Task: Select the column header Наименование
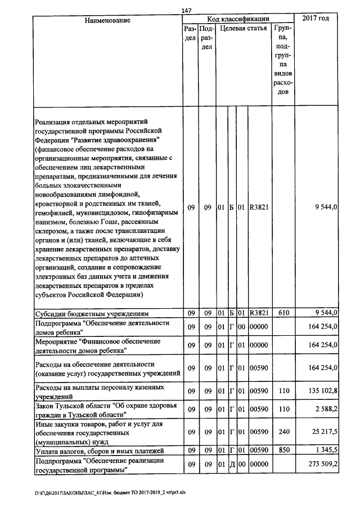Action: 107,20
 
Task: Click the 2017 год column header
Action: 316,19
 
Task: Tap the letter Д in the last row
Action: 231,465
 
